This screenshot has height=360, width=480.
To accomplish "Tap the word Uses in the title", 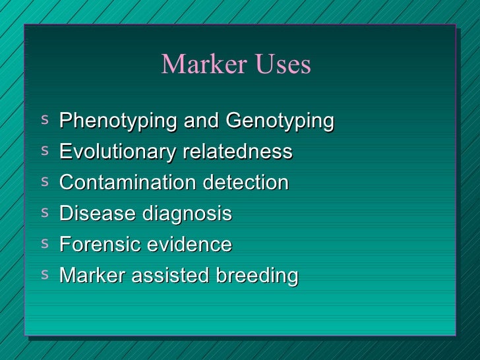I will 279,65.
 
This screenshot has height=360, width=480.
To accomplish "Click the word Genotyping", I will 280,122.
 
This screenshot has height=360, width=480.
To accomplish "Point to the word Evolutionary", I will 117,152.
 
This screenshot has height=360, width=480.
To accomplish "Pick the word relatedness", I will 237,152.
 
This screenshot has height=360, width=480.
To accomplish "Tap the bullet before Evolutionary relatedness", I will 44,150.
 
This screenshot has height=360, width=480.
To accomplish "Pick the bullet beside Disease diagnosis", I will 44,212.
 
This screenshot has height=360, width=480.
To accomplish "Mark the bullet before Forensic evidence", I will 44,243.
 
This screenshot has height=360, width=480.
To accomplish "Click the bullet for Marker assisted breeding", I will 44,273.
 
